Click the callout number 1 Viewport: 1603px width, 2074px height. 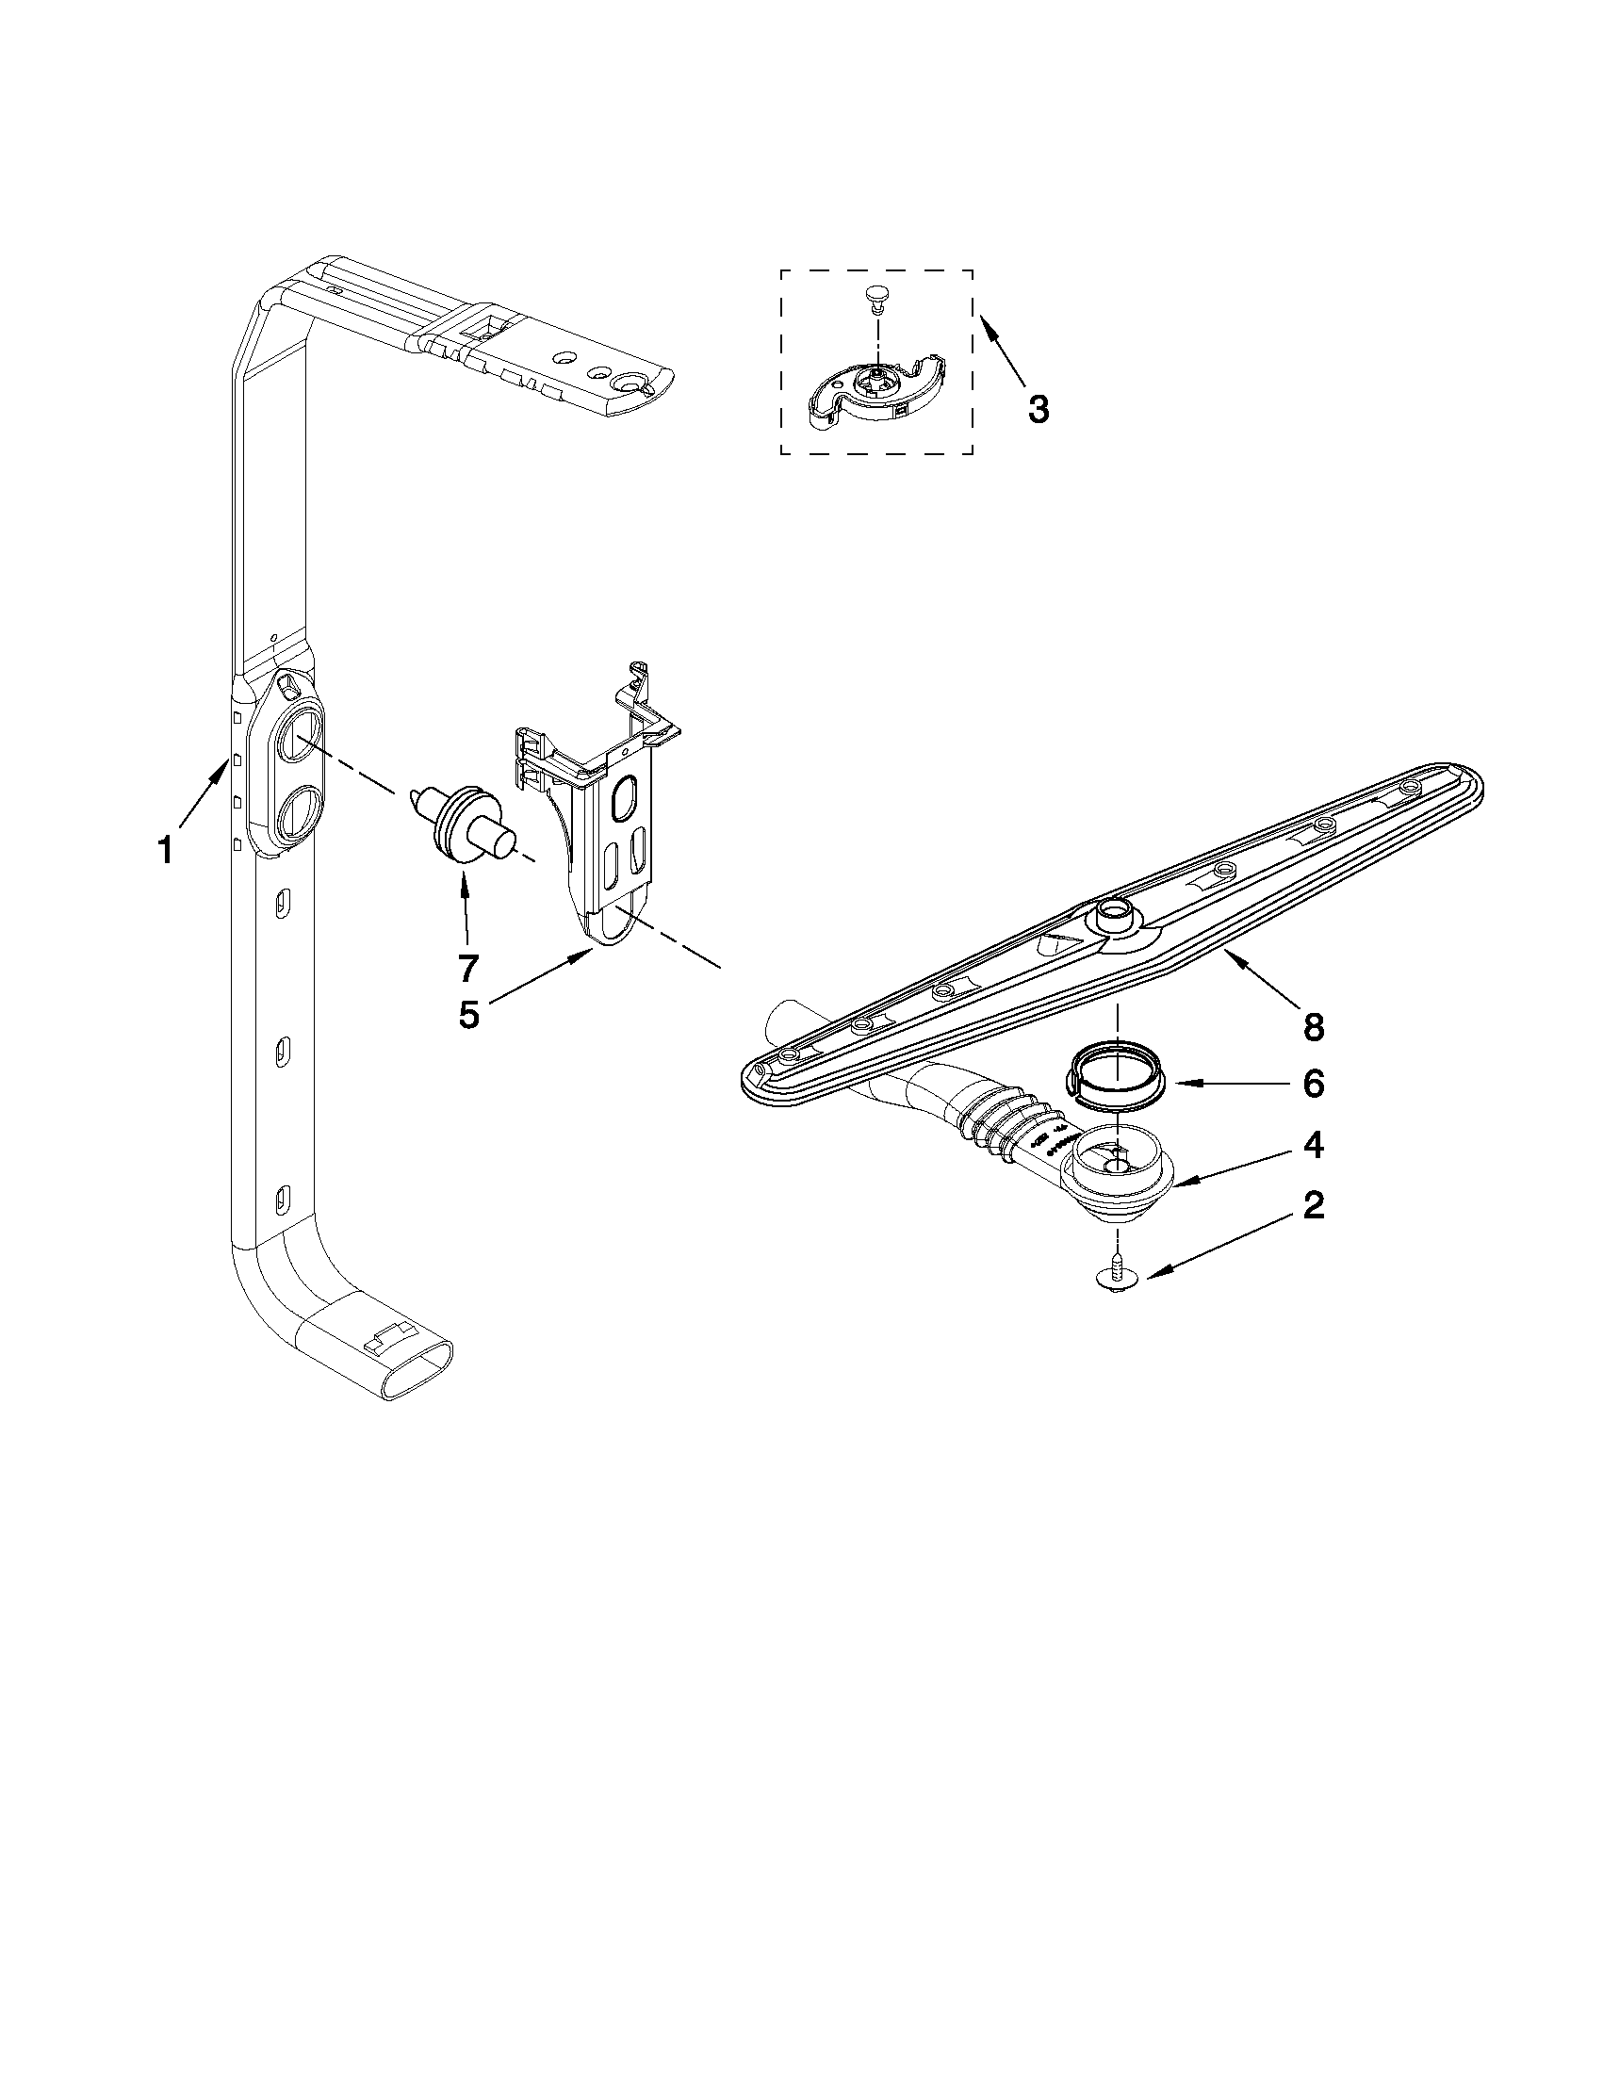(x=165, y=850)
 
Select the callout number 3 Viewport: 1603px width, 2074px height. (x=1038, y=409)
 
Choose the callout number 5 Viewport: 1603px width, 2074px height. (x=468, y=1014)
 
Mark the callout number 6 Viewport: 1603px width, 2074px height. (x=1313, y=1084)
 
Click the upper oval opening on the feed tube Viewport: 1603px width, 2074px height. (x=298, y=735)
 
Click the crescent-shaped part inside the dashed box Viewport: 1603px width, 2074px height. (x=875, y=390)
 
